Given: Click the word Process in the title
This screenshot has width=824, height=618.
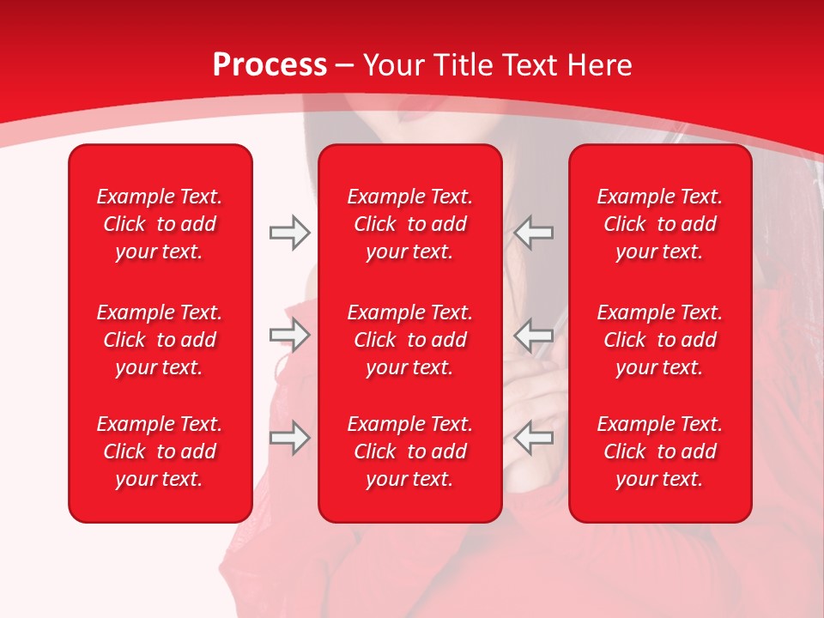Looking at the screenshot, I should click(270, 65).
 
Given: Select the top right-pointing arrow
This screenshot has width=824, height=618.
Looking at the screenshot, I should click(289, 233).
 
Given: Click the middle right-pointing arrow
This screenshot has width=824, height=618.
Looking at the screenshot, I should click(289, 336).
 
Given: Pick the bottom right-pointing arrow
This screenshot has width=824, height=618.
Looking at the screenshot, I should click(289, 438).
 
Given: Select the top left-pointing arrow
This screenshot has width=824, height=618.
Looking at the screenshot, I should click(534, 233).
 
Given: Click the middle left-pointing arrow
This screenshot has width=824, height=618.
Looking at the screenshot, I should click(534, 336).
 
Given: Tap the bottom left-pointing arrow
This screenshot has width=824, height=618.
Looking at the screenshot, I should click(534, 438).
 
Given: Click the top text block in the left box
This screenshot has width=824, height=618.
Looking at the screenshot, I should click(160, 224).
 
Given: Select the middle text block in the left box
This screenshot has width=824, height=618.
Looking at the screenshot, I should click(160, 340).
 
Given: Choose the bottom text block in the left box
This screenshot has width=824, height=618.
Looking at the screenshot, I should click(160, 451).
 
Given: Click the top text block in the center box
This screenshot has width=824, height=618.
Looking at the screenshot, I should click(409, 224).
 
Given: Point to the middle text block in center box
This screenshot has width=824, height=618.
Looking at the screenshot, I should click(409, 340).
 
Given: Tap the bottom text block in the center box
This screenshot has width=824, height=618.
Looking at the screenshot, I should click(409, 451).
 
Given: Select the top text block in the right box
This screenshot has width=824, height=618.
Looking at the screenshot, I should click(659, 224).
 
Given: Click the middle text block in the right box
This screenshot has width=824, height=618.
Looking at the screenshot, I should click(659, 340).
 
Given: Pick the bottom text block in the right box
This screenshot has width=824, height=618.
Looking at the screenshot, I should click(659, 451).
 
